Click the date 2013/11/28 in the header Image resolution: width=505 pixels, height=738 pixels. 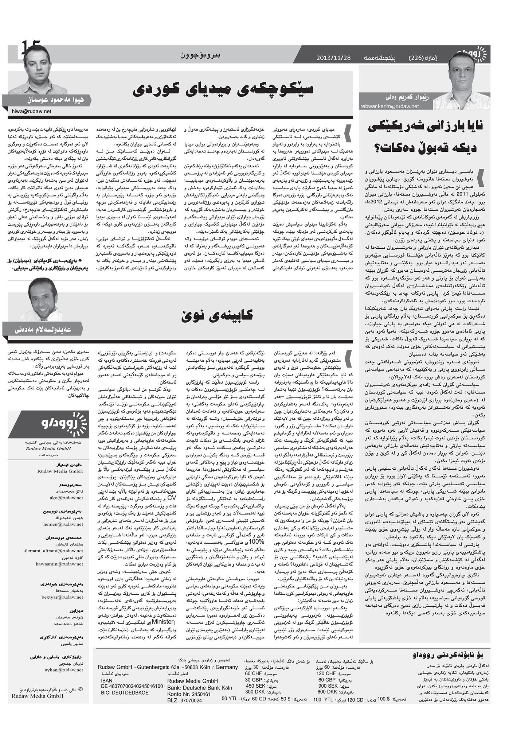[334, 58]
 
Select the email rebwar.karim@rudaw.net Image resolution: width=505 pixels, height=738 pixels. [389, 106]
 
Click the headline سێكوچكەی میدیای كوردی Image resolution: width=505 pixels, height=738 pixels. [222, 89]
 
